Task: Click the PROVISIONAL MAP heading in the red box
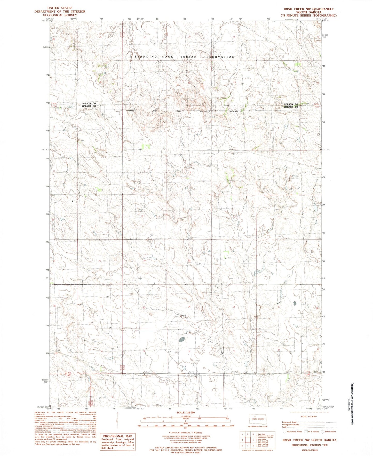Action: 117,436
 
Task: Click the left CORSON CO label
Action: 89,103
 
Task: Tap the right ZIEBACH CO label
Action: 291,107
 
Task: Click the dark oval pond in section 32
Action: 182,339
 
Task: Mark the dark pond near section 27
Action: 295,303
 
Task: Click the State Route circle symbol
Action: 322,431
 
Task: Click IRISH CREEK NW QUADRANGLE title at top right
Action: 309,9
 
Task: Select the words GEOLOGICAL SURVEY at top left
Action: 60,15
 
